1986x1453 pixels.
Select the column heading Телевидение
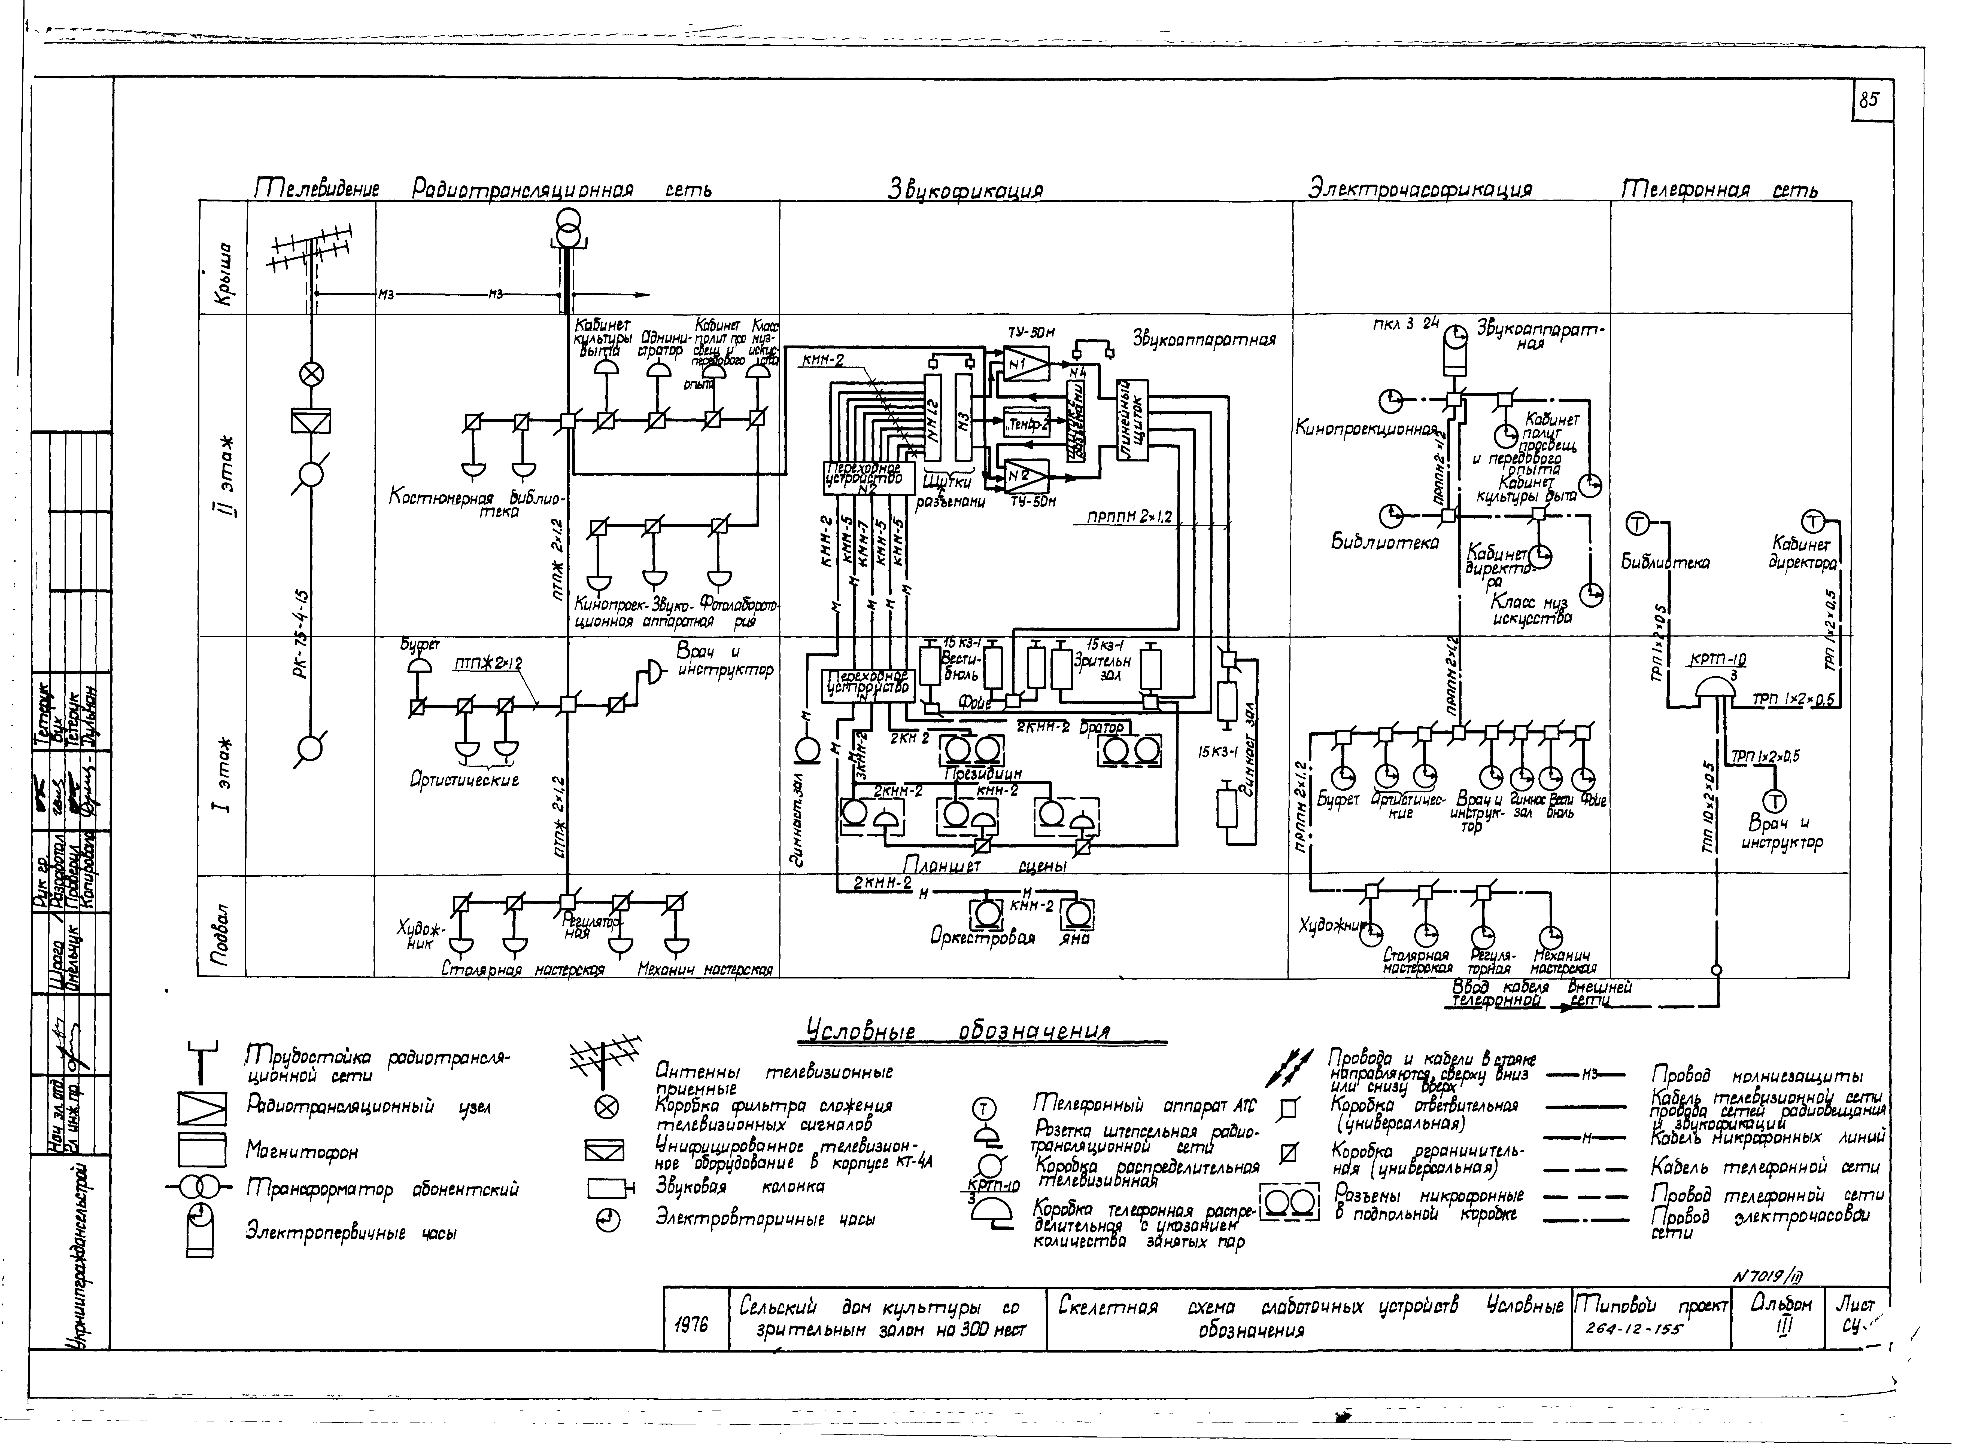[317, 188]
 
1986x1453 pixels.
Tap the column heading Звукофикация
[965, 190]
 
